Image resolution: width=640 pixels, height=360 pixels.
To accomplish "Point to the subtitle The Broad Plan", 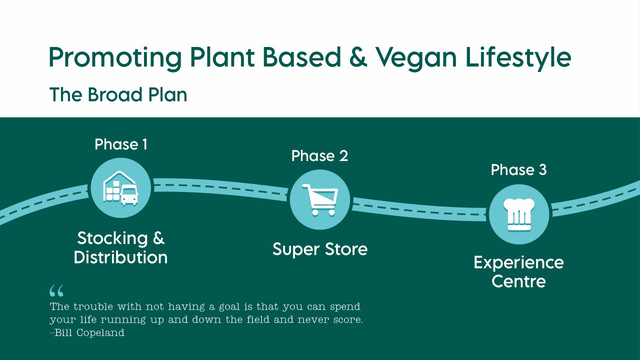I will pyautogui.click(x=118, y=94).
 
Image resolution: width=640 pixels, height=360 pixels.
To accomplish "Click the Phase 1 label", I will pyautogui.click(x=121, y=144).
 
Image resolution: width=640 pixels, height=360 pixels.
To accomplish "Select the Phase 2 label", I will pyautogui.click(x=319, y=156).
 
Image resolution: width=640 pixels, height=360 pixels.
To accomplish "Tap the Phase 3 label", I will pyautogui.click(x=518, y=170).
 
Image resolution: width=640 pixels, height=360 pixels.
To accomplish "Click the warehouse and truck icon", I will pyautogui.click(x=120, y=188).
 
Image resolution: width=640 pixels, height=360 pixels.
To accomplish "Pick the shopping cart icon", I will pyautogui.click(x=319, y=199).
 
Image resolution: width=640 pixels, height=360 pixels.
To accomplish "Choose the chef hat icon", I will pyautogui.click(x=518, y=214).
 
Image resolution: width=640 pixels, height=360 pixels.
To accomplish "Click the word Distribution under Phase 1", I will pyautogui.click(x=120, y=257).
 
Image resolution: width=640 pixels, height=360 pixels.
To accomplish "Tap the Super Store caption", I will pyautogui.click(x=319, y=249).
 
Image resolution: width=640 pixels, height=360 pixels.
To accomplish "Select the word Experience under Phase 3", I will pyautogui.click(x=518, y=262).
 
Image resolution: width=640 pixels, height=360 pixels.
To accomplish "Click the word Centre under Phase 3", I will pyautogui.click(x=518, y=281).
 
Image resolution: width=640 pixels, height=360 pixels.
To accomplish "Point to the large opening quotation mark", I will pyautogui.click(x=56, y=291).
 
